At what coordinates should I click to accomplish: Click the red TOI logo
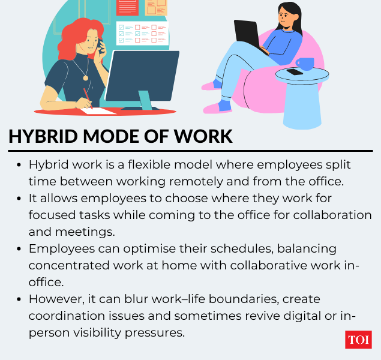coord(358,340)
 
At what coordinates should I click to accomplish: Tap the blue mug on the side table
coord(304,64)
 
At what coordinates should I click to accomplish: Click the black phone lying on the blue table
coord(295,72)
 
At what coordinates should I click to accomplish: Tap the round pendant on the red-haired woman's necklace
coord(85,77)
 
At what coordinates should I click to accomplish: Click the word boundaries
coord(238,298)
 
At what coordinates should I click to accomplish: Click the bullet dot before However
coord(20,299)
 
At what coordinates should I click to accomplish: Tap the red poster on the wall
coord(128,7)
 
